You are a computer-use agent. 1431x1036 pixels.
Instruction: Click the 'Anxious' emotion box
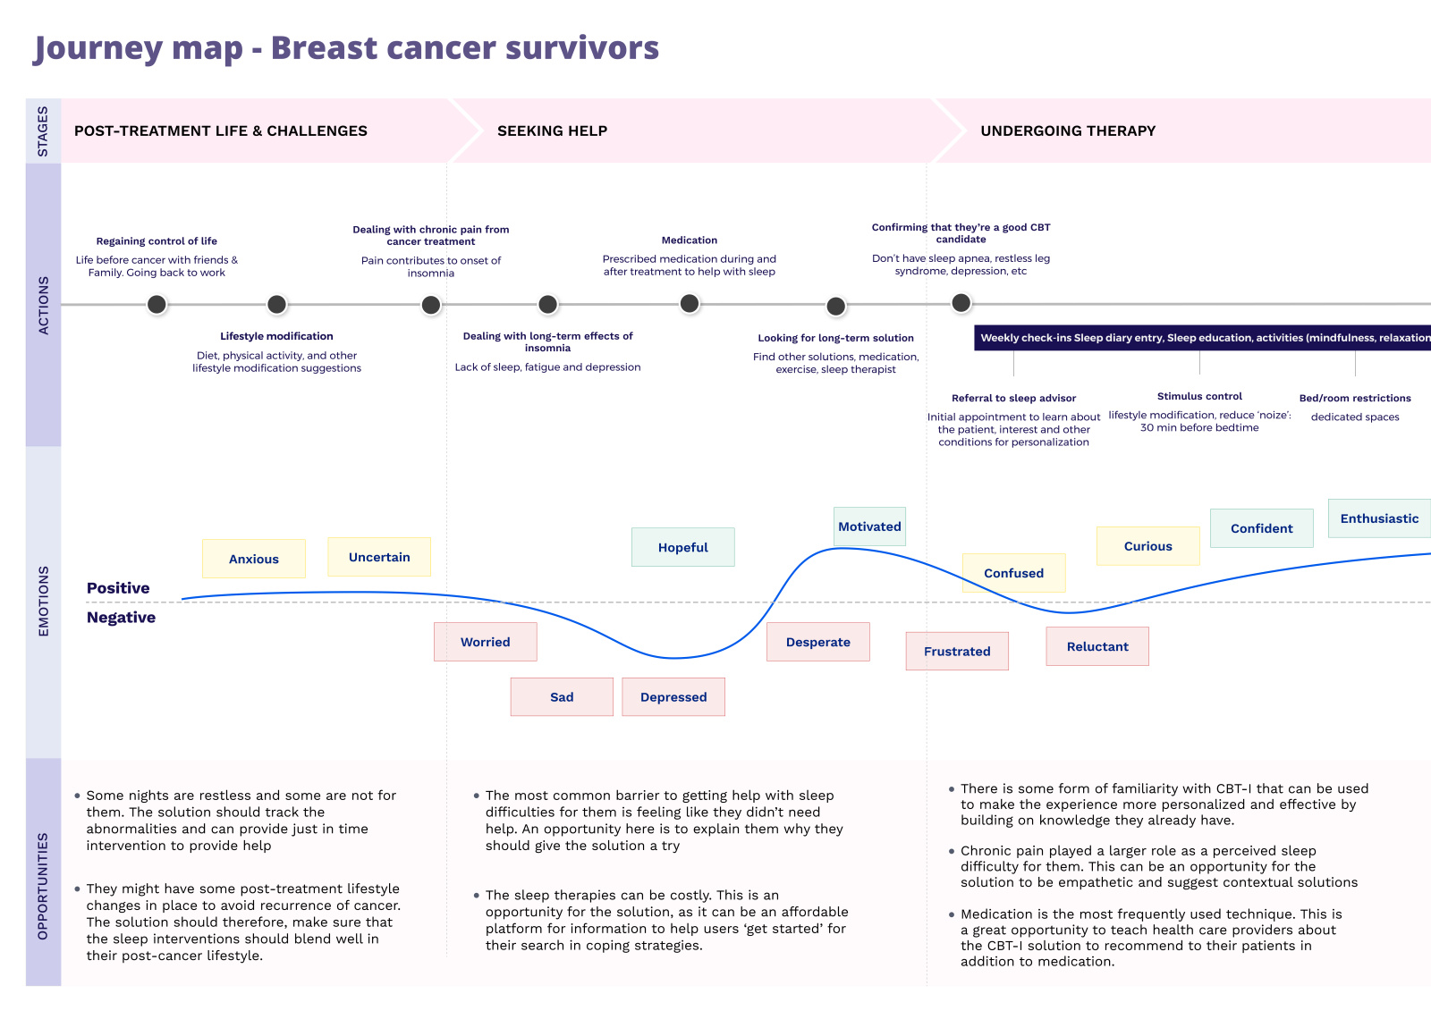point(254,559)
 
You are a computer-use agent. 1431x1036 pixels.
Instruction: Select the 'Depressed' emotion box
point(673,697)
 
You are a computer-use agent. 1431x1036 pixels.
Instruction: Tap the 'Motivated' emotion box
point(869,526)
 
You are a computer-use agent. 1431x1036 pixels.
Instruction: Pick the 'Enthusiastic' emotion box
point(1379,518)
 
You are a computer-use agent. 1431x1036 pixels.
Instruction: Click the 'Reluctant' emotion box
point(1097,646)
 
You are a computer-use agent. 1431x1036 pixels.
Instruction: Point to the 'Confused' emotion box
point(1013,573)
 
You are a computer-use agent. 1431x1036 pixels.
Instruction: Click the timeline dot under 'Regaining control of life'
point(157,305)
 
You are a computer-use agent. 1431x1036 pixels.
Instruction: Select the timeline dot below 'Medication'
point(690,304)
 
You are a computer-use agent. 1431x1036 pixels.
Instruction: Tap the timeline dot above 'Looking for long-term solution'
point(836,307)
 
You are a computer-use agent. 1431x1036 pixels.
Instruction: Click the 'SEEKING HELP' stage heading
point(552,131)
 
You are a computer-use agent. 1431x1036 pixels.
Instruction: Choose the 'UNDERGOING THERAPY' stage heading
point(1068,131)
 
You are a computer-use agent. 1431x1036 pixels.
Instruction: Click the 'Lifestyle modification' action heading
point(276,336)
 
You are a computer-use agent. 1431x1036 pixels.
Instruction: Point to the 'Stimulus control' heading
point(1199,396)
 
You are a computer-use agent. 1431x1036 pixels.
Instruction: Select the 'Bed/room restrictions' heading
point(1355,398)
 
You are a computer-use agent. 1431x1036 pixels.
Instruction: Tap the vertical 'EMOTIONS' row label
point(44,602)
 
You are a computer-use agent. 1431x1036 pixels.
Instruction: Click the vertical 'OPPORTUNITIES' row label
point(44,886)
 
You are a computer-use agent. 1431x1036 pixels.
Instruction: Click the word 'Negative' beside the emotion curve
point(121,618)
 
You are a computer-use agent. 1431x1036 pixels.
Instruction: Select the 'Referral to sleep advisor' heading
point(1013,398)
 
